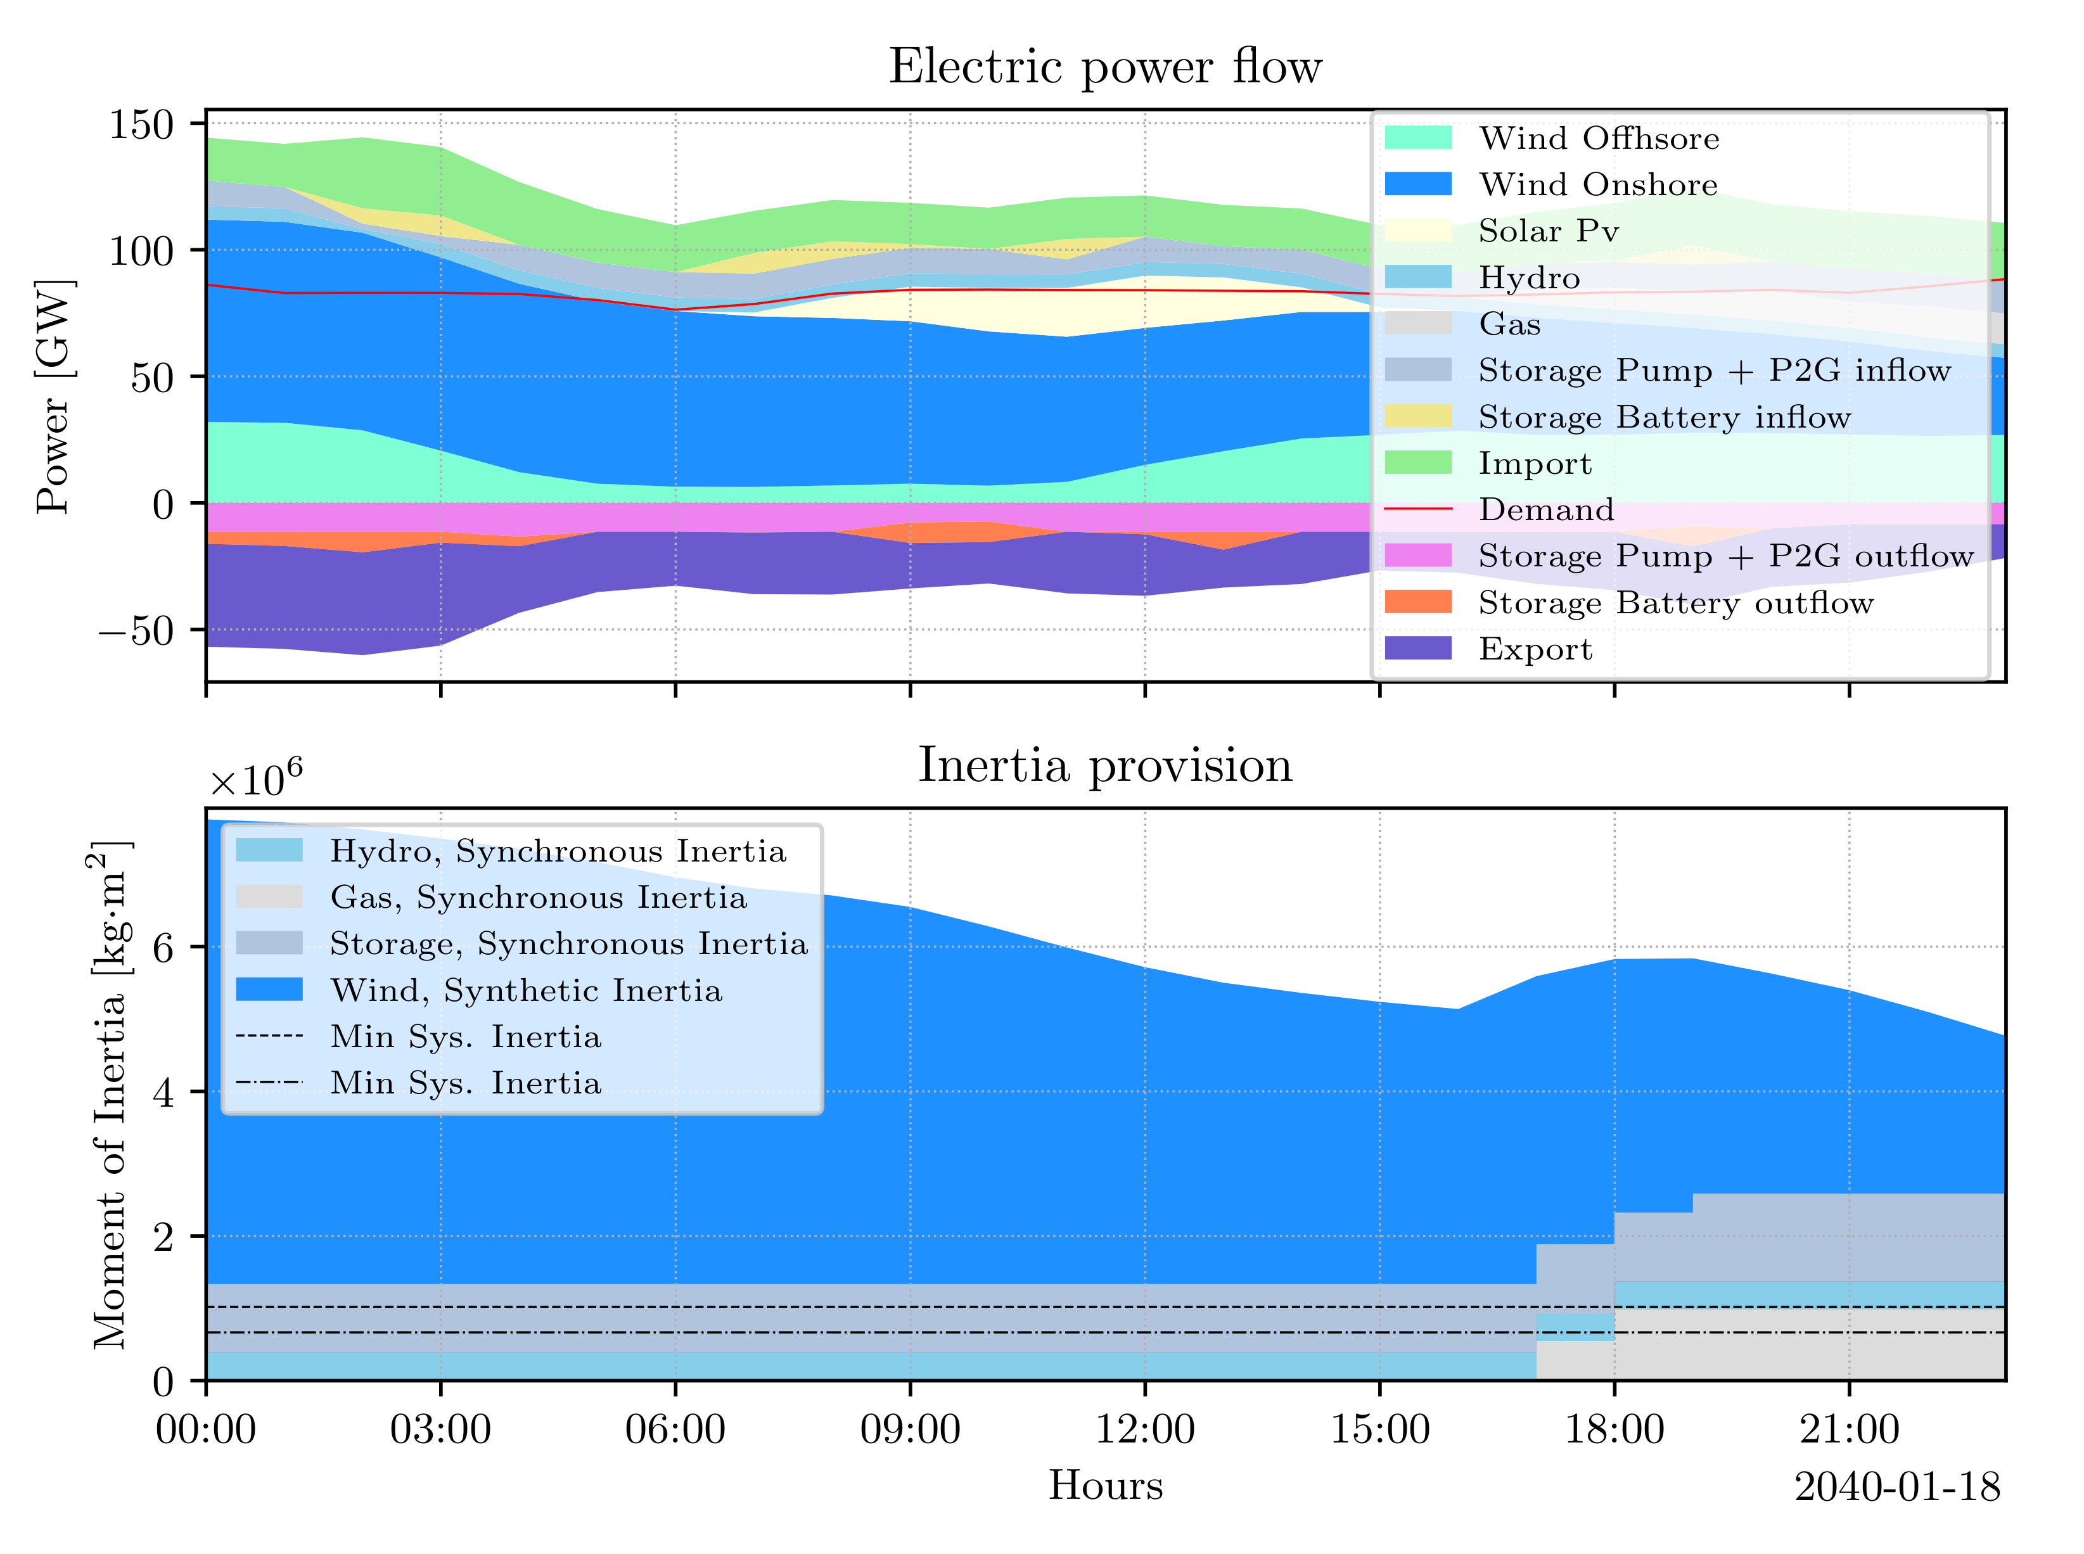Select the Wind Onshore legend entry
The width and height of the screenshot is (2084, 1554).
click(x=1597, y=184)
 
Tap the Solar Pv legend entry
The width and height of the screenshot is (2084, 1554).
click(x=1548, y=231)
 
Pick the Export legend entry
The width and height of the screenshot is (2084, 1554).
click(x=1535, y=649)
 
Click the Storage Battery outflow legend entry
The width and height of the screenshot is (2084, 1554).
click(x=1675, y=603)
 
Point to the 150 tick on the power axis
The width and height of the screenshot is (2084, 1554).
click(x=141, y=124)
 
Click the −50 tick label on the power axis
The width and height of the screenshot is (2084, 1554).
click(x=136, y=630)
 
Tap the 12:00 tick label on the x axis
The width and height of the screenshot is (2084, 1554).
click(x=1144, y=1430)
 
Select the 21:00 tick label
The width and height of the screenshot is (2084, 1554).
click(x=1849, y=1430)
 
